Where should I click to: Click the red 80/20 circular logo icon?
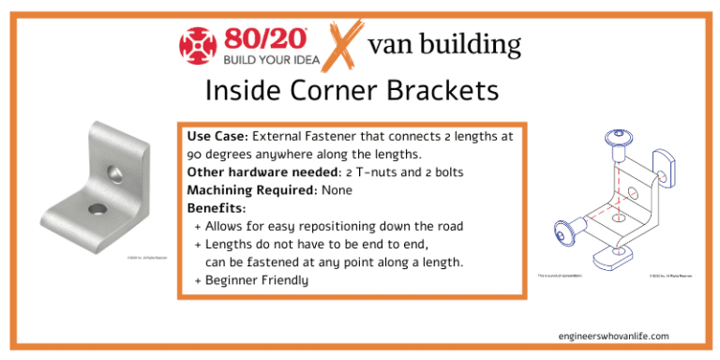coord(198,46)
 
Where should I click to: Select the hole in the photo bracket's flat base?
coord(98,207)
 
